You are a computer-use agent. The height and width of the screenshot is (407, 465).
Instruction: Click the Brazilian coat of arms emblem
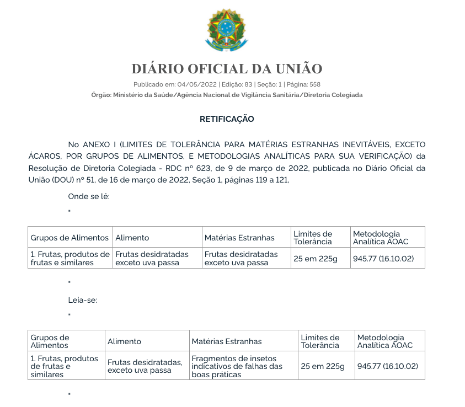pos(227,30)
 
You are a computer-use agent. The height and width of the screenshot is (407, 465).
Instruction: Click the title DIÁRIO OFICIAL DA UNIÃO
pos(227,69)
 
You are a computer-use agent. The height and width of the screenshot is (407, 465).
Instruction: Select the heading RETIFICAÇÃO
pos(227,119)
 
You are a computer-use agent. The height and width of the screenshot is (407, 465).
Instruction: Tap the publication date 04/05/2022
pos(197,84)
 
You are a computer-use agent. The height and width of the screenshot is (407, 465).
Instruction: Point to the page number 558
pos(315,84)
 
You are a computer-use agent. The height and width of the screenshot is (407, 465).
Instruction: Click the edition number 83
pos(248,84)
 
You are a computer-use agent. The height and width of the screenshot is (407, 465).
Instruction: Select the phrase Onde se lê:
pos(89,196)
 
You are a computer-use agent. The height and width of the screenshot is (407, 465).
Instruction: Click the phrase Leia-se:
pos(82,300)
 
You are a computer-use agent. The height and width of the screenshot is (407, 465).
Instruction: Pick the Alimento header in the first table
pos(132,238)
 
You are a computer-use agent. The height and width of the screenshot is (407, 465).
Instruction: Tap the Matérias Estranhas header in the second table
pos(227,341)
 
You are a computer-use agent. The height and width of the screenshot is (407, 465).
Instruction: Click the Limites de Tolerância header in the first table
pos(313,238)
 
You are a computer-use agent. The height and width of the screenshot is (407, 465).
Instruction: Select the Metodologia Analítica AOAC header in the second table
pos(381,341)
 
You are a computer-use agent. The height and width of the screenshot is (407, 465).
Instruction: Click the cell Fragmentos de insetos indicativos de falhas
pos(237,366)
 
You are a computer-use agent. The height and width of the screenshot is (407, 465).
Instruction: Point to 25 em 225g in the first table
pos(316,258)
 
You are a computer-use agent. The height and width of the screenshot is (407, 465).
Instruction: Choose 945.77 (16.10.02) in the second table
pos(388,366)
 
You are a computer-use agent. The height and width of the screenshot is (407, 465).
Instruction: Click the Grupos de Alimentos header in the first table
pos(70,238)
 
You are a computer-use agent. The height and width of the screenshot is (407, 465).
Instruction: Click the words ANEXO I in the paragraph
pos(99,144)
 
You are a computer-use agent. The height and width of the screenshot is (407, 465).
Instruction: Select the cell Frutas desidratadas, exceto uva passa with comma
pos(145,366)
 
